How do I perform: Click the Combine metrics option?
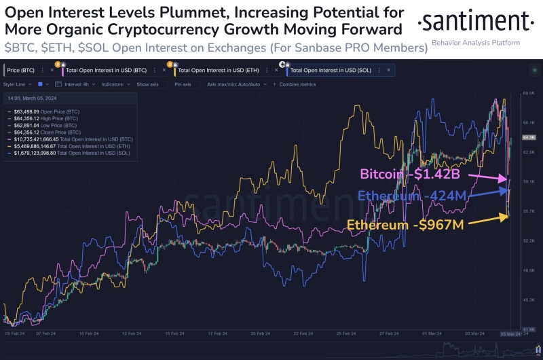tap(297, 84)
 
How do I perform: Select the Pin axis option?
tap(183, 84)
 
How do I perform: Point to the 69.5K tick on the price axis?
tap(529, 93)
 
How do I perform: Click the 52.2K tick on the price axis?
tap(529, 241)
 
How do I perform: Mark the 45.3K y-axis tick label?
tap(529, 300)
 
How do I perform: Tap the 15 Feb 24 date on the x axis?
tap(175, 334)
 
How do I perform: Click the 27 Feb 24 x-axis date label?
tap(390, 334)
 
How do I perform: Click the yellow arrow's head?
tap(508, 217)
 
